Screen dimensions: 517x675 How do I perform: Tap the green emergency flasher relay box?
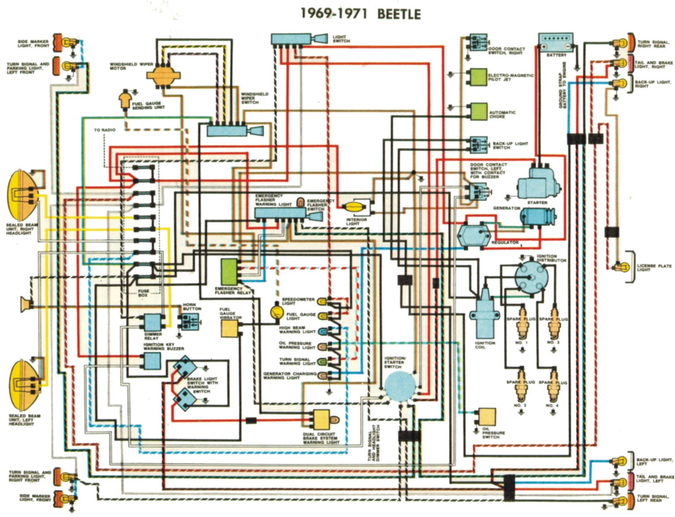click(x=229, y=272)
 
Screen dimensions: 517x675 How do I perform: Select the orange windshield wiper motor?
click(x=163, y=75)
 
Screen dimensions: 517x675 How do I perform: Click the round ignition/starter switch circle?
click(x=400, y=386)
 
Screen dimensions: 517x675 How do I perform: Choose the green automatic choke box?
click(x=479, y=112)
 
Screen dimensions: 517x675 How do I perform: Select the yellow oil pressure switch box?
click(x=487, y=417)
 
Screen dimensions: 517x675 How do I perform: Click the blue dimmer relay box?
click(x=153, y=323)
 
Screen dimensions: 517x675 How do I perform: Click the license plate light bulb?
click(x=621, y=267)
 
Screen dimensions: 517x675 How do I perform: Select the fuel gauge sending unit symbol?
click(x=125, y=100)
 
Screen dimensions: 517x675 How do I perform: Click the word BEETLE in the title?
click(x=399, y=14)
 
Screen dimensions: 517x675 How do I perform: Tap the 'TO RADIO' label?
click(x=105, y=130)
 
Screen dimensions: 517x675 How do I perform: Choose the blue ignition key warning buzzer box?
click(x=152, y=361)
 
